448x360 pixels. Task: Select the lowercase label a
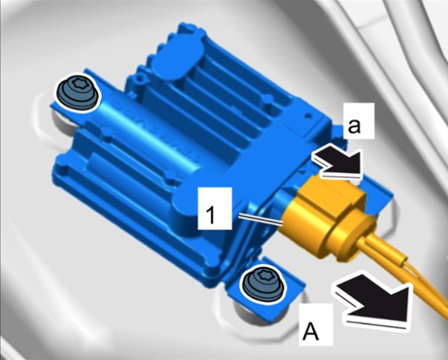tap(354, 126)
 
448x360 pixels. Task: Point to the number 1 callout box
tap(215, 208)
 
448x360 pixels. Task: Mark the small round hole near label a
tap(308, 115)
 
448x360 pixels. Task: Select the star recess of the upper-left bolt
tap(77, 85)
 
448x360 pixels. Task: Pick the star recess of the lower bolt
tap(263, 276)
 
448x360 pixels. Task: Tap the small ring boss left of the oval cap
tap(140, 76)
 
